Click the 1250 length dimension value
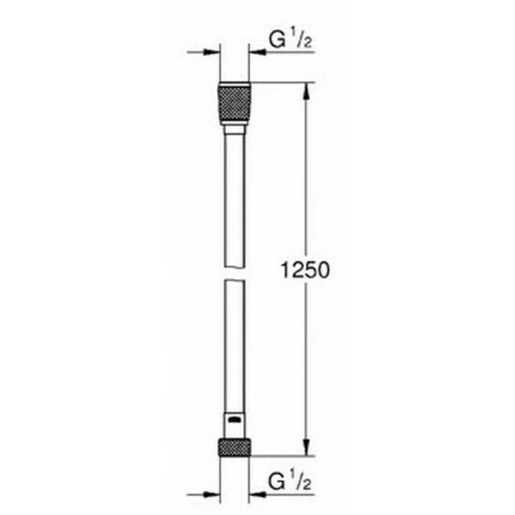coord(305,271)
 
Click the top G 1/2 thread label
coord(290,39)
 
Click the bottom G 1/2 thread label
coord(289,482)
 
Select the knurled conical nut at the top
coord(234,103)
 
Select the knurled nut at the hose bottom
coord(234,447)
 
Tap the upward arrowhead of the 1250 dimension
coord(306,91)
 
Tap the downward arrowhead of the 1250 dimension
coord(306,448)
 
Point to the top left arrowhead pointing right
coord(212,51)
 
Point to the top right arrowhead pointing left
coord(257,51)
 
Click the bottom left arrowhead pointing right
coord(212,494)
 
